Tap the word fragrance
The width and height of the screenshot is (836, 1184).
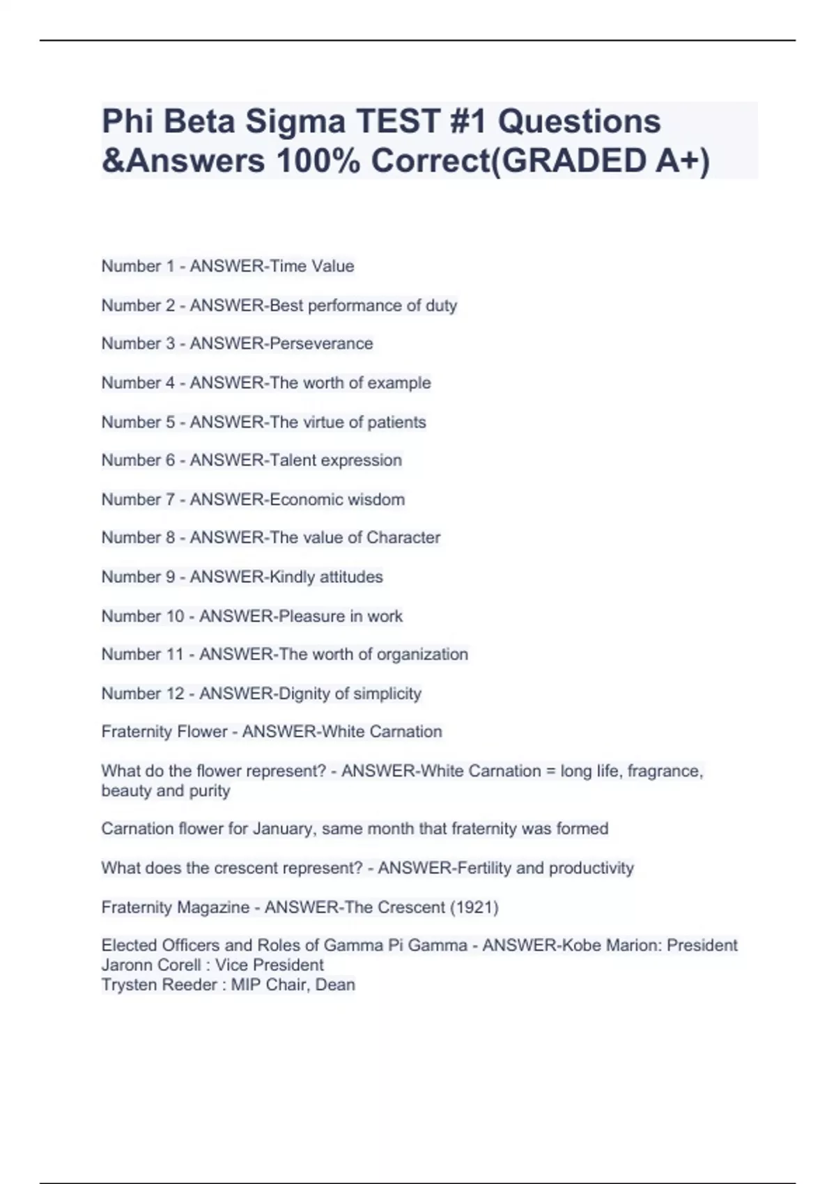[665, 771]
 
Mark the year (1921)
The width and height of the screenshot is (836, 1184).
[474, 908]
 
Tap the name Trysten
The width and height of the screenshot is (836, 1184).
[127, 985]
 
